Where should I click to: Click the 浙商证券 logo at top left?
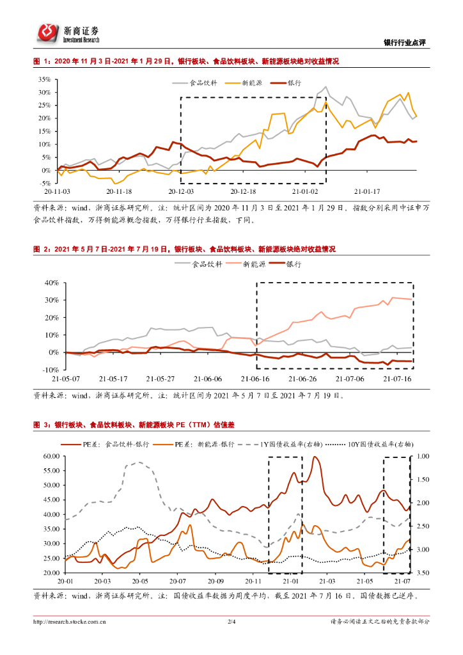[67, 33]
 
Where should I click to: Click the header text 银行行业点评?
[404, 43]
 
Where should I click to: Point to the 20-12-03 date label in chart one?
[181, 191]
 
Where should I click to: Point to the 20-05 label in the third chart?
[141, 581]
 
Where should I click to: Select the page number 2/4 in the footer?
[231, 621]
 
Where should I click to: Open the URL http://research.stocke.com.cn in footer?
[70, 621]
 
